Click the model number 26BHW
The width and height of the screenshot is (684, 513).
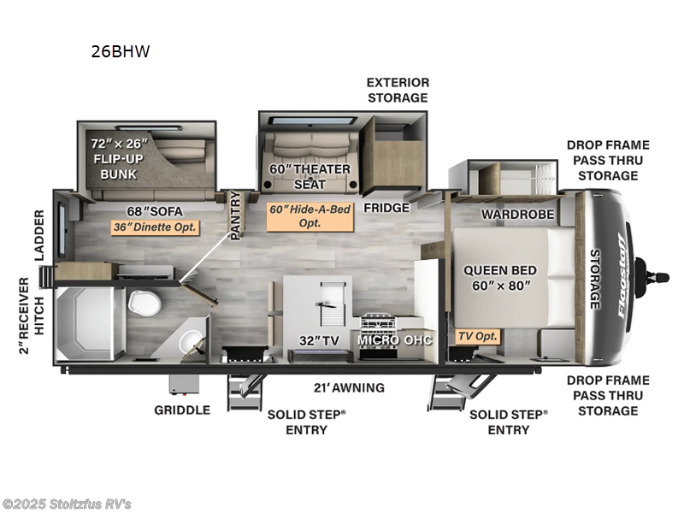[x=121, y=51]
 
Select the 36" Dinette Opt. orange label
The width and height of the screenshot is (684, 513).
[x=156, y=227]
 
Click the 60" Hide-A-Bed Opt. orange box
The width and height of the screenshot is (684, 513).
[x=310, y=215]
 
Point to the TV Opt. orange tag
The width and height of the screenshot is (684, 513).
[x=477, y=336]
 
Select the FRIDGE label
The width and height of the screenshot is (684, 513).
[x=386, y=207]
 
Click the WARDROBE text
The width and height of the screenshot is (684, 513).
[x=517, y=214]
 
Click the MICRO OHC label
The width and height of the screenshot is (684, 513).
[x=395, y=340]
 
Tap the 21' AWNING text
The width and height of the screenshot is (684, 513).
[x=347, y=387]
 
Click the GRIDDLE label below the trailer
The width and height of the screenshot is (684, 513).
[x=182, y=410]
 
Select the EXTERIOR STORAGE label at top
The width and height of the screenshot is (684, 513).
[x=398, y=90]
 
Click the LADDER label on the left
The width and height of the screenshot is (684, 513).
[x=40, y=233]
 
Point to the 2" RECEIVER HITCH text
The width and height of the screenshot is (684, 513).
[x=31, y=315]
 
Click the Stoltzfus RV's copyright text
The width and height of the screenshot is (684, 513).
[x=67, y=504]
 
